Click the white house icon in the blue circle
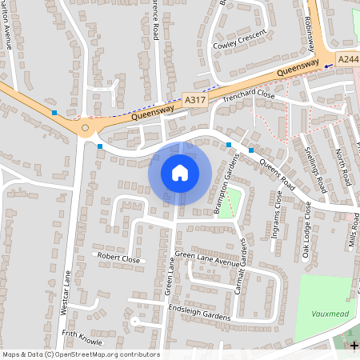pos(180,173)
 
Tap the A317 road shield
pos(194,99)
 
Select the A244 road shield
pos(347,59)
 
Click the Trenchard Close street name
pos(249,95)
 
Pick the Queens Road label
pos(277,174)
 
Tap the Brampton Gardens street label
pos(220,193)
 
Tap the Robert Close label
pos(118,258)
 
